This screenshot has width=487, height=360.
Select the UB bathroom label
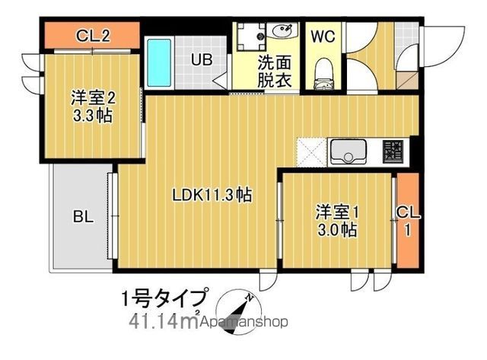point(201,59)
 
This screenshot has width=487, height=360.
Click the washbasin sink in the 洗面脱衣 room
point(281,33)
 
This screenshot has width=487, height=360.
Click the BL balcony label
point(83,216)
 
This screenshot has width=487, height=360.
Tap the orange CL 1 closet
point(407,220)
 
